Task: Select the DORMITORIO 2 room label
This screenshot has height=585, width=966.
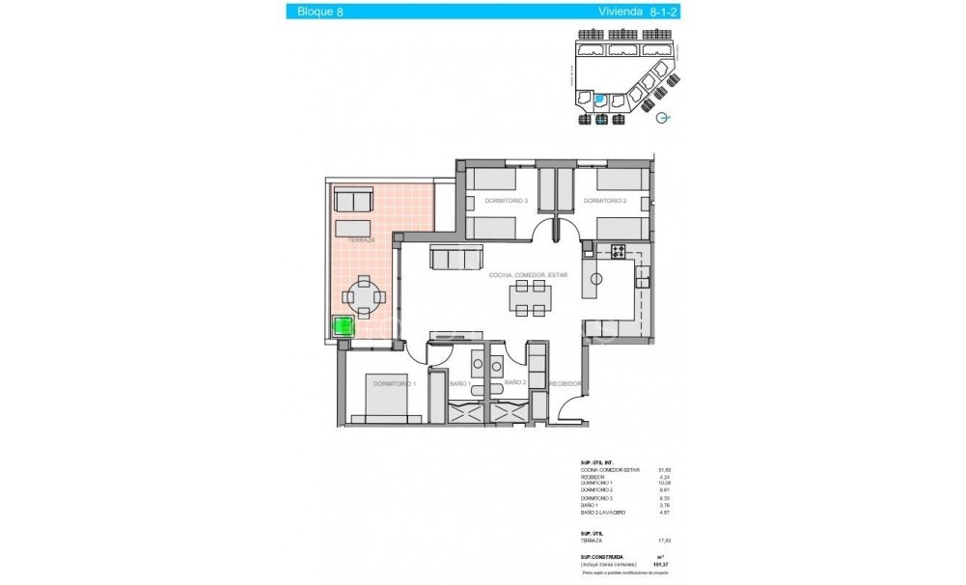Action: click(606, 201)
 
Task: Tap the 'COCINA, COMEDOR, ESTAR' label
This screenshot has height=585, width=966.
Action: click(528, 275)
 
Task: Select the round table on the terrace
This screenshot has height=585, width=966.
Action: click(363, 297)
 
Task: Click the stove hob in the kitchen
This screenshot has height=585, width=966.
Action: click(619, 252)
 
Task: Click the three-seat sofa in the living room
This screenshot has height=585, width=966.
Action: click(456, 258)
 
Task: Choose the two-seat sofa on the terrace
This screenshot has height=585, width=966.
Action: click(353, 201)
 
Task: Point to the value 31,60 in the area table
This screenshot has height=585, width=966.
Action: click(663, 470)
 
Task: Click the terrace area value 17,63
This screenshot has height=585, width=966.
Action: click(663, 541)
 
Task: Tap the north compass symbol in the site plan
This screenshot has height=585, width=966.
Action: click(661, 119)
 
